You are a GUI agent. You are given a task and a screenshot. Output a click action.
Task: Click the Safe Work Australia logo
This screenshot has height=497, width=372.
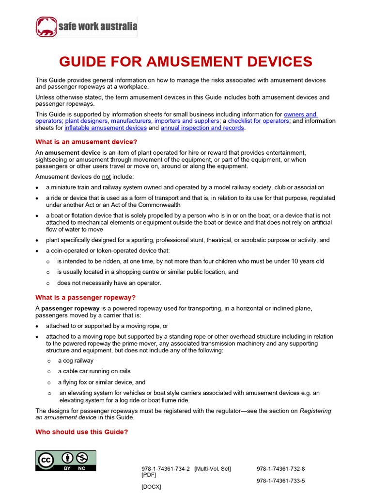tap(86, 27)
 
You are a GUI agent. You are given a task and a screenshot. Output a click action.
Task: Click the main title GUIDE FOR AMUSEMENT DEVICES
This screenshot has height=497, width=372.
tap(186, 62)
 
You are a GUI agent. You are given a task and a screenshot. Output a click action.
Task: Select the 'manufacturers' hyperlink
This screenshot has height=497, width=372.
tap(131, 121)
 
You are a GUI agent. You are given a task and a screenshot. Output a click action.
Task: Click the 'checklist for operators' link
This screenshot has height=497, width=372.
tap(259, 121)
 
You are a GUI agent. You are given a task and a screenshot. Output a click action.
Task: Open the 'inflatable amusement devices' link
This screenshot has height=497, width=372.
tap(106, 128)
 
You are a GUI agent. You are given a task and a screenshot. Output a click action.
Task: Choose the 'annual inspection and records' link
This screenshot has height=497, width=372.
tap(202, 128)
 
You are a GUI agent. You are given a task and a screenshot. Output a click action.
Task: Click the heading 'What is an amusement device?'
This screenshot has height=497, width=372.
tap(86, 142)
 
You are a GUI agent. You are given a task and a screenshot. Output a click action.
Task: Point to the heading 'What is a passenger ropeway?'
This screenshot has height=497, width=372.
tap(83, 298)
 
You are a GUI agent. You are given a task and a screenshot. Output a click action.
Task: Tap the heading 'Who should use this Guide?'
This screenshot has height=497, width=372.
tap(81, 432)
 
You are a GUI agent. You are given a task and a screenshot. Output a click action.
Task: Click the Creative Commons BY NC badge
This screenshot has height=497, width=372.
tap(65, 461)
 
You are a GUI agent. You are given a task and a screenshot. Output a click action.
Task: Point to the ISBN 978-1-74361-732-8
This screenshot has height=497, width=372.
tap(280, 469)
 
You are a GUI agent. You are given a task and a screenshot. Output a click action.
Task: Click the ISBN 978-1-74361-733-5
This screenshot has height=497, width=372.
tap(280, 481)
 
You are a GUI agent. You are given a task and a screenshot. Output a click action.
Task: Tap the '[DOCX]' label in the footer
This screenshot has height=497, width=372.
tap(151, 487)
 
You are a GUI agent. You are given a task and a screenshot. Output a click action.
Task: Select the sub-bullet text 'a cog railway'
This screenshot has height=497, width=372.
tap(76, 361)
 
